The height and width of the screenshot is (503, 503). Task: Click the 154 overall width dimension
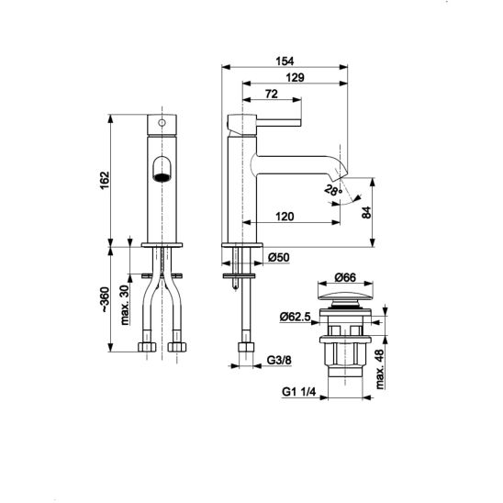(x=285, y=61)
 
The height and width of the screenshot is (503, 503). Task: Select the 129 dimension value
(x=295, y=78)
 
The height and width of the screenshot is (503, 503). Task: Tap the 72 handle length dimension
(x=272, y=94)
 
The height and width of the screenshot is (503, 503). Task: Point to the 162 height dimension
(x=105, y=180)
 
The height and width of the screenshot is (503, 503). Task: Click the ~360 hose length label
(x=105, y=299)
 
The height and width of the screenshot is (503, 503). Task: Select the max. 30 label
(x=125, y=305)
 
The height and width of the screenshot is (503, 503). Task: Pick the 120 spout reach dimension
(x=285, y=217)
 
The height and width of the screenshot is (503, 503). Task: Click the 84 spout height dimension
(x=366, y=212)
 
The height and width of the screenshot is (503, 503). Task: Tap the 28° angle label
(x=333, y=191)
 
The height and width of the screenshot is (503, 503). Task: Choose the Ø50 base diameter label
(x=279, y=257)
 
